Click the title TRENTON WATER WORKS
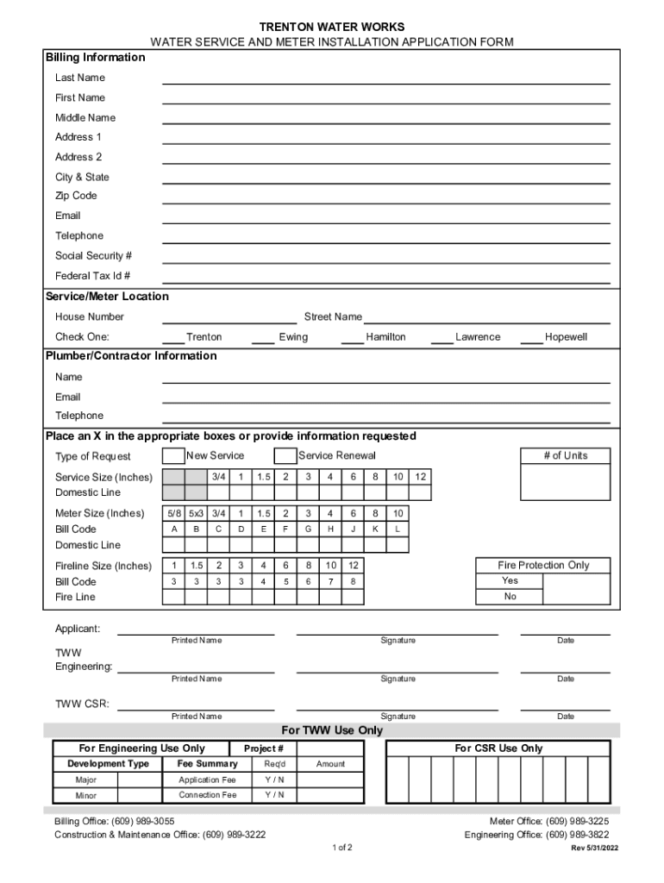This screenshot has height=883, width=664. [332, 28]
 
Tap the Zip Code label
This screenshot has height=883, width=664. [76, 196]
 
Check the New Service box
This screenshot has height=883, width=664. [173, 456]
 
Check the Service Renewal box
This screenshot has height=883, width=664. [285, 456]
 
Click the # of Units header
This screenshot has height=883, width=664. [565, 455]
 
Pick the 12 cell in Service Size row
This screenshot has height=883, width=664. [420, 477]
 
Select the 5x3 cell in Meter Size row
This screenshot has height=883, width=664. [196, 513]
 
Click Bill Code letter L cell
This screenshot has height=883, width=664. [398, 529]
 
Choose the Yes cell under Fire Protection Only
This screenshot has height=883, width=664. [511, 580]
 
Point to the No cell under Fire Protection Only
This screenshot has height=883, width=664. [511, 597]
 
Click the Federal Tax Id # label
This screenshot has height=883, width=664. [93, 276]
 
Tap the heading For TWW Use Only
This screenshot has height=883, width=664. [332, 730]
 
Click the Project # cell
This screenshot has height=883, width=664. [264, 748]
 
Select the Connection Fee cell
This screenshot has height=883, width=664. [207, 795]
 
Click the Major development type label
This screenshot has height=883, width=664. [85, 780]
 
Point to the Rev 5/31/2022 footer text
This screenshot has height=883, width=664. [594, 848]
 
